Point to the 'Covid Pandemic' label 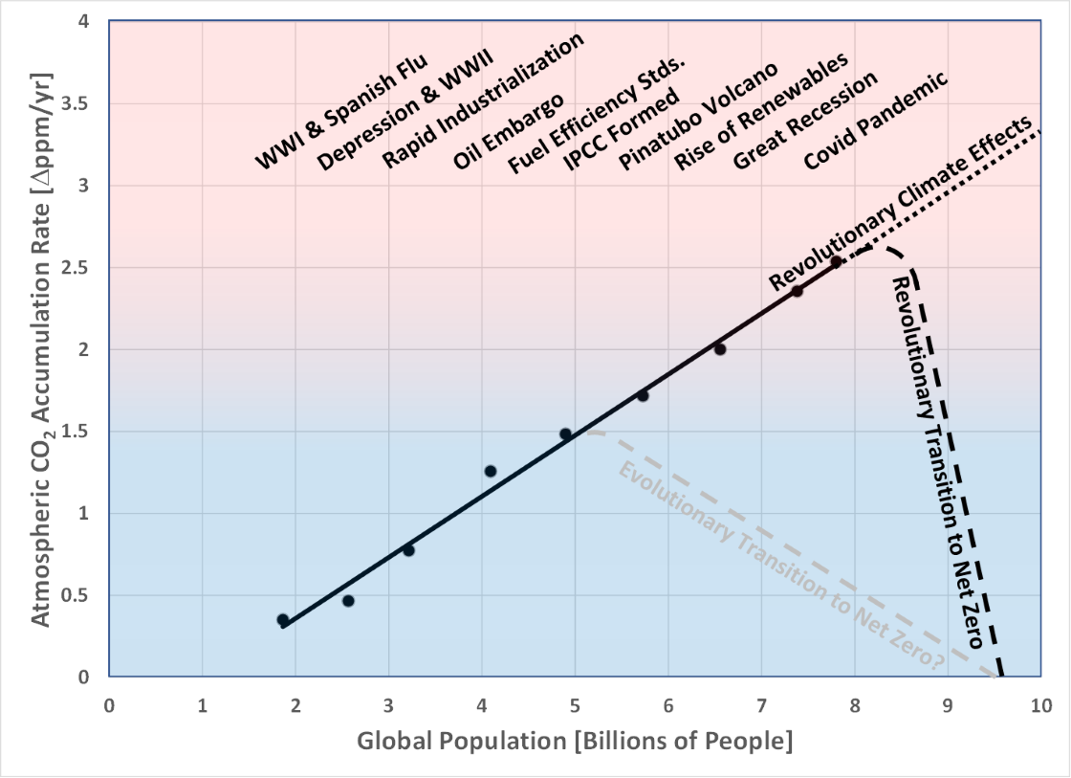(x=876, y=120)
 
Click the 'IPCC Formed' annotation (x=622, y=130)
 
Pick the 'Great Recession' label (x=805, y=122)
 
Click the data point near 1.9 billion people (x=283, y=620)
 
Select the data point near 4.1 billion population (x=491, y=471)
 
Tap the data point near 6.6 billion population (x=720, y=349)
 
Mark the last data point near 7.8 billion (x=836, y=261)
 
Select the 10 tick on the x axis (x=1040, y=705)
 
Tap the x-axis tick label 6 (x=667, y=705)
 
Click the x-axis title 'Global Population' (x=575, y=742)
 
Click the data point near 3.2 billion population (x=408, y=550)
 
